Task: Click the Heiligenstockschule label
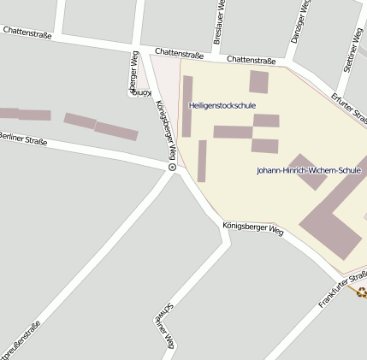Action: coord(222,105)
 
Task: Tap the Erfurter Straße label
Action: coord(349,107)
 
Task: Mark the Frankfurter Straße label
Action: coord(342,290)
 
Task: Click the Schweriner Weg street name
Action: coord(165,327)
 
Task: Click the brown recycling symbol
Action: coord(362,292)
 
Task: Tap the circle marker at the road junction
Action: coord(172,168)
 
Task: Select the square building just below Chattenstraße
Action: coord(258,82)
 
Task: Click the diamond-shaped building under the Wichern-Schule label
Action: coord(307,172)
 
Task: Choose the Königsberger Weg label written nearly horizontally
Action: coord(252,228)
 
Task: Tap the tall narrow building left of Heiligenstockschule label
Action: coord(187,106)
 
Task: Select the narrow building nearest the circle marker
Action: coord(202,161)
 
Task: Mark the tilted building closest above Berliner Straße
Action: coord(116,132)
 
